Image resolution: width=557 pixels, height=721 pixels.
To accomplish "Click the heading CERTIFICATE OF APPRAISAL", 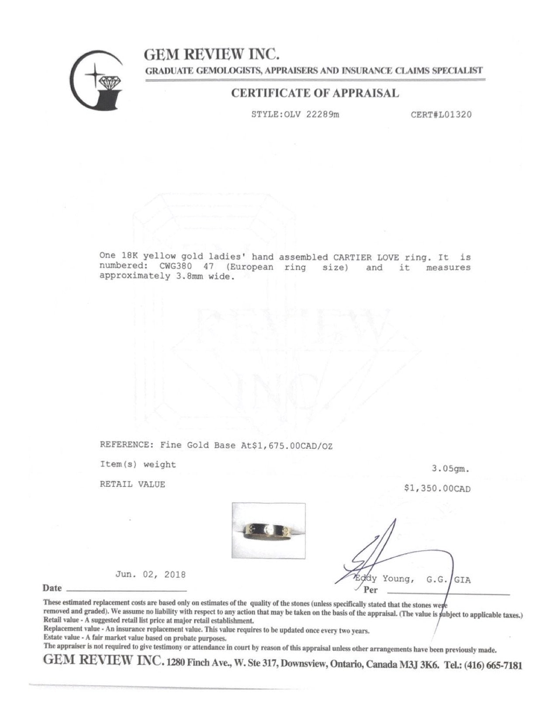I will tap(315, 93).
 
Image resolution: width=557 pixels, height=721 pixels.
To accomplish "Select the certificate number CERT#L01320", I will tap(441, 115).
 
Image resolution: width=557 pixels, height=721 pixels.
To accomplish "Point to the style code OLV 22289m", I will tap(313, 115).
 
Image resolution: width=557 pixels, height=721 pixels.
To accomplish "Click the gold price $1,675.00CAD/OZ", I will tap(287, 445).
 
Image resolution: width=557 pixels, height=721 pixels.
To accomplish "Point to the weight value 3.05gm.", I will tap(451, 469).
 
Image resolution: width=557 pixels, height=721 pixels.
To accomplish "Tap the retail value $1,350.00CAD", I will tap(438, 489).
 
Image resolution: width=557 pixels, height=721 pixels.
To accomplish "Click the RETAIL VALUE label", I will tap(132, 484).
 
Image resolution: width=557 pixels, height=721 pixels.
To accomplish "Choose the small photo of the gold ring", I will tap(268, 530).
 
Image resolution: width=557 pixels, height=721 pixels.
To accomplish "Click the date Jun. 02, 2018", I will tap(150, 575).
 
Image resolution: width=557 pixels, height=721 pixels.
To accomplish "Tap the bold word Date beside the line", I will tap(52, 588).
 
